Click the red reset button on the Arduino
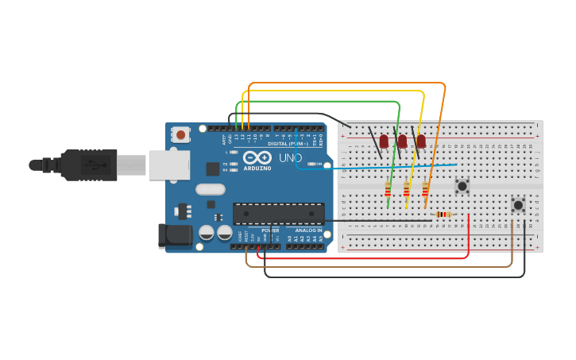pos(181,135)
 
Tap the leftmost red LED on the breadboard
pos(384,141)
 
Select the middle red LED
pos(403,141)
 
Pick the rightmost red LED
pos(421,141)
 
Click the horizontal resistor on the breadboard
pos(443,214)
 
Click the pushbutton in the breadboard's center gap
pos(462,186)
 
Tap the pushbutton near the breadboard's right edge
pos(518,205)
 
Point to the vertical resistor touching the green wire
pos(388,189)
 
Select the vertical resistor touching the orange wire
pos(426,189)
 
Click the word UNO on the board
pos(291,157)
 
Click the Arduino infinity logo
pos(257,157)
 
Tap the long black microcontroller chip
pos(278,213)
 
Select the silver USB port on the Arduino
pos(169,165)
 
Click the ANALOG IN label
pos(309,230)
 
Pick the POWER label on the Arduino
pos(270,230)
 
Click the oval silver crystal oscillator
pos(211,189)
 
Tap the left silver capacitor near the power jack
pos(207,232)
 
